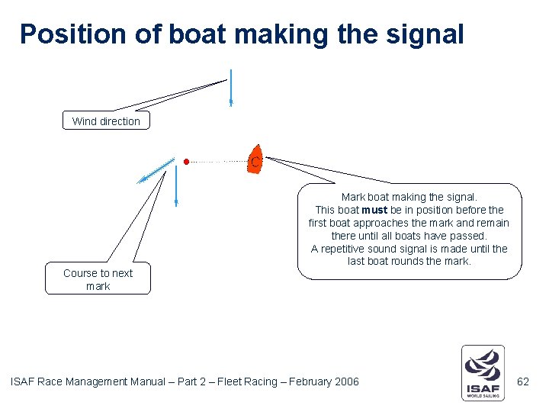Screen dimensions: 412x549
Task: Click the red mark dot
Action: [186, 162]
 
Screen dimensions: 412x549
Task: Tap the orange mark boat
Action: [255, 159]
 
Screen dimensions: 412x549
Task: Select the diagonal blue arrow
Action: [156, 172]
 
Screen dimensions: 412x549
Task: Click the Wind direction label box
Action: [106, 121]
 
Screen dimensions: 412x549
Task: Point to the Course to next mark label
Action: [98, 279]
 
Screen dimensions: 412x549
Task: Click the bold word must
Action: [374, 210]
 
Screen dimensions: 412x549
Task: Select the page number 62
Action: [523, 381]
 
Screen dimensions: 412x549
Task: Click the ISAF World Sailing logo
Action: [483, 372]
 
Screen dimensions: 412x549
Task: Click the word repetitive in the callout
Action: [352, 249]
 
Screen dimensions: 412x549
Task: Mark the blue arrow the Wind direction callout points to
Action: [230, 88]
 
